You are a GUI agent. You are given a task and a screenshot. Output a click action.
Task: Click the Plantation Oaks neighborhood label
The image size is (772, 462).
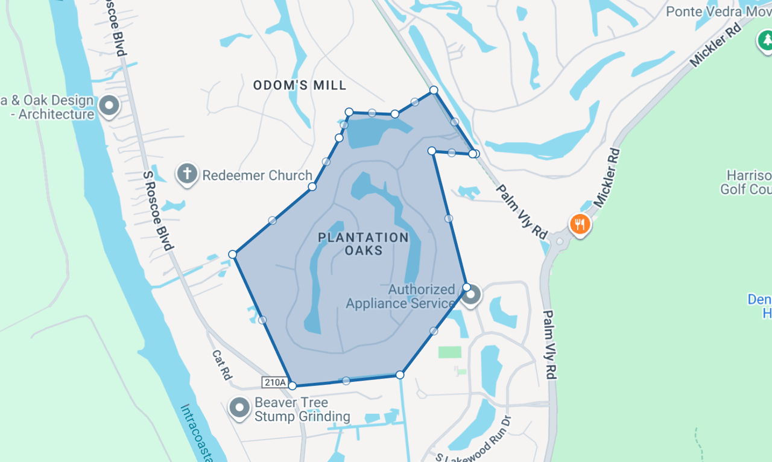(363, 244)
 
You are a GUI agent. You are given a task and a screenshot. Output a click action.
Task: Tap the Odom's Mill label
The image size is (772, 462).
(300, 85)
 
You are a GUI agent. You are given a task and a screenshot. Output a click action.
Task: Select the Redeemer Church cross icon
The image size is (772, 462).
(187, 174)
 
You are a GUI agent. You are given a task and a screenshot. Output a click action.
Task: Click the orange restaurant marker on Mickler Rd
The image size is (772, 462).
(580, 224)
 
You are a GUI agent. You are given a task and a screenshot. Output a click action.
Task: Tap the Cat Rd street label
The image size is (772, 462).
(221, 365)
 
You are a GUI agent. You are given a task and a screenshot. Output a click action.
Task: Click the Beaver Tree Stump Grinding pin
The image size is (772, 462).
(239, 408)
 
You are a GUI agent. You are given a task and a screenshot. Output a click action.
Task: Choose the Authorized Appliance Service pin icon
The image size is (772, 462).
(472, 296)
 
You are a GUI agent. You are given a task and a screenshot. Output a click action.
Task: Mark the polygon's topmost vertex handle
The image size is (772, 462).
(434, 90)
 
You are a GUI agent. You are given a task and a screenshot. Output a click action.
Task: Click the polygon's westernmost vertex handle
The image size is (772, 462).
(232, 255)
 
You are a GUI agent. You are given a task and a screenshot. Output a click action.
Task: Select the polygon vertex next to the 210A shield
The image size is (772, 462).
(293, 385)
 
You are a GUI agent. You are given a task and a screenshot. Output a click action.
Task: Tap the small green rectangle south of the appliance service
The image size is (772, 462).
(449, 352)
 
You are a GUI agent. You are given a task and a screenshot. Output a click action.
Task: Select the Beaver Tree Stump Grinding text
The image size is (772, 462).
(302, 410)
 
